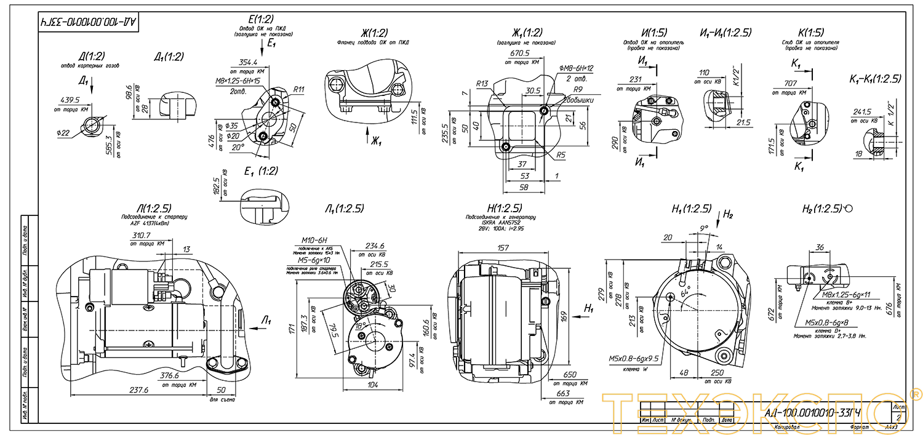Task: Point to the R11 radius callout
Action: pyautogui.click(x=299, y=89)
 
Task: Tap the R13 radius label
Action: pyautogui.click(x=482, y=84)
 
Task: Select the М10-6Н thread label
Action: pyautogui.click(x=314, y=240)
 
